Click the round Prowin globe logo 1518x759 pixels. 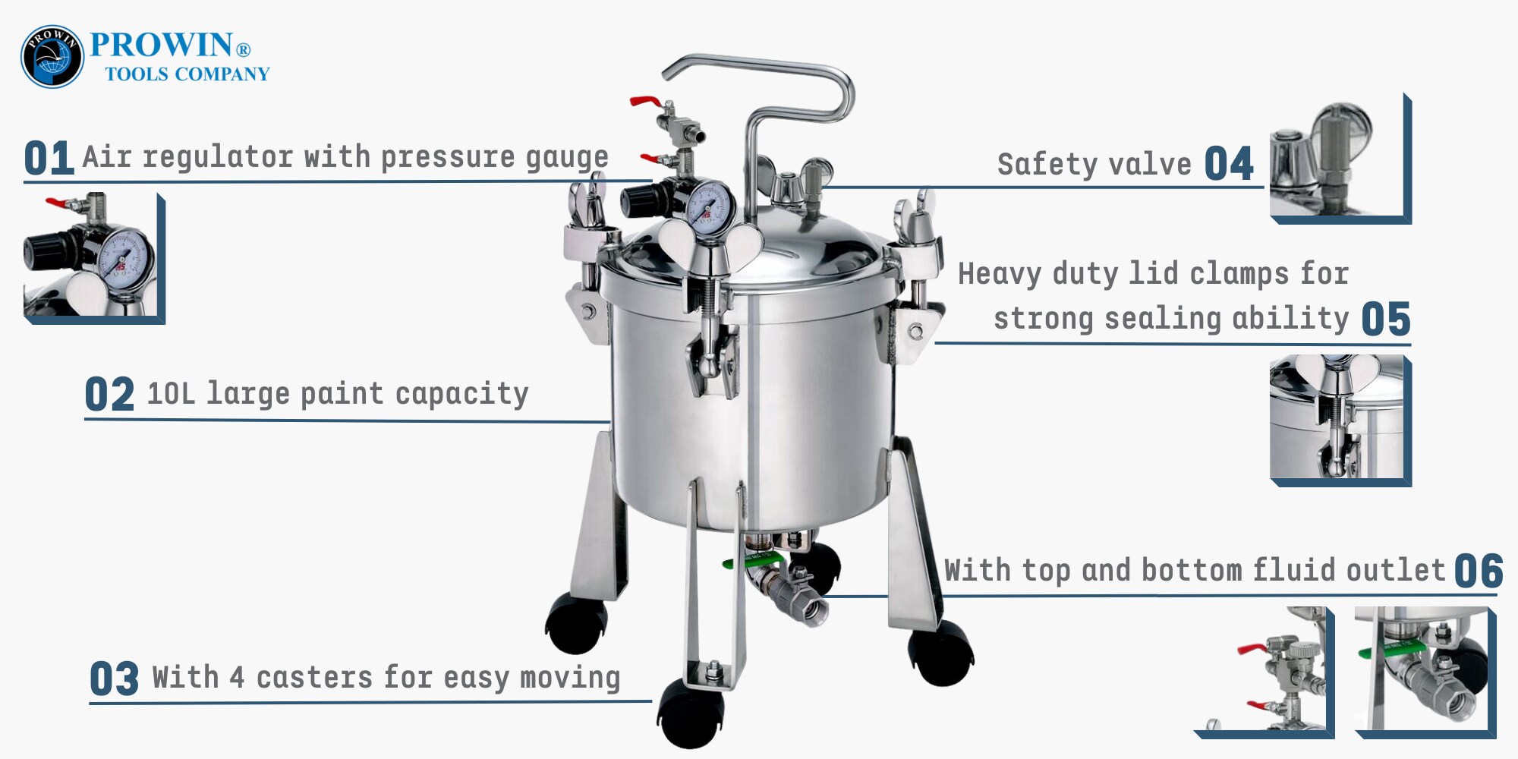pyautogui.click(x=52, y=56)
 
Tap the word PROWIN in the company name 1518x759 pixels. pyautogui.click(x=162, y=45)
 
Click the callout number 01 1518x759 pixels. pyautogui.click(x=49, y=158)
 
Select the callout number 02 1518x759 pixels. pyautogui.click(x=109, y=395)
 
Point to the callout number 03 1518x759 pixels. pyautogui.click(x=114, y=679)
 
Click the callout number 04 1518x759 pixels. pyautogui.click(x=1229, y=164)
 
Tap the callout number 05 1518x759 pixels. pyautogui.click(x=1386, y=319)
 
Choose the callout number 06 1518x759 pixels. pyautogui.click(x=1479, y=571)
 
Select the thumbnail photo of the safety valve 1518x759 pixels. pyautogui.click(x=1340, y=159)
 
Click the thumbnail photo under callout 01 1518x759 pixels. pyautogui.click(x=94, y=259)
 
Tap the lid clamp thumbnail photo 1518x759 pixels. pyautogui.click(x=1340, y=420)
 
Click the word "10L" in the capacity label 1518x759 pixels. pyautogui.click(x=171, y=394)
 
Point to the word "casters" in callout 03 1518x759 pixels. pyautogui.click(x=314, y=678)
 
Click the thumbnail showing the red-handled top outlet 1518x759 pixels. pyautogui.click(x=1264, y=672)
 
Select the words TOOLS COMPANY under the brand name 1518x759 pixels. pyautogui.click(x=187, y=74)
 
